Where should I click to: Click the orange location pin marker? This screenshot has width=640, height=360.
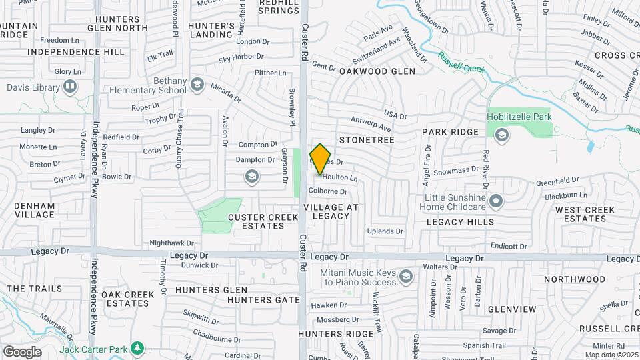(x=321, y=159)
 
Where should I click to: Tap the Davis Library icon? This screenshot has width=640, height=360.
(x=69, y=87)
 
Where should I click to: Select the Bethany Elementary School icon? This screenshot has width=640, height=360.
(x=197, y=84)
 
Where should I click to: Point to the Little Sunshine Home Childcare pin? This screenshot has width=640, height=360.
(x=495, y=201)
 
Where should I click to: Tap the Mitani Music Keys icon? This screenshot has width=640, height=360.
(x=405, y=276)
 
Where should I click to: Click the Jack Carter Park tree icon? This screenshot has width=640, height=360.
(x=137, y=348)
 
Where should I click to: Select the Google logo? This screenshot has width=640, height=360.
(x=22, y=352)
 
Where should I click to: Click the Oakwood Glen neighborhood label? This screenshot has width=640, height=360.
(x=377, y=71)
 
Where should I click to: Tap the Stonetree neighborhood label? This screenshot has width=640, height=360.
(x=367, y=140)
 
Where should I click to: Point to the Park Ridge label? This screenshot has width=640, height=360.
(x=450, y=132)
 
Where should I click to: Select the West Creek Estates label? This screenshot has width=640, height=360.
(x=580, y=214)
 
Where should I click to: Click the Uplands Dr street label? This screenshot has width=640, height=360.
(x=385, y=231)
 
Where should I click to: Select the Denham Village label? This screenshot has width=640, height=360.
(x=35, y=210)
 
